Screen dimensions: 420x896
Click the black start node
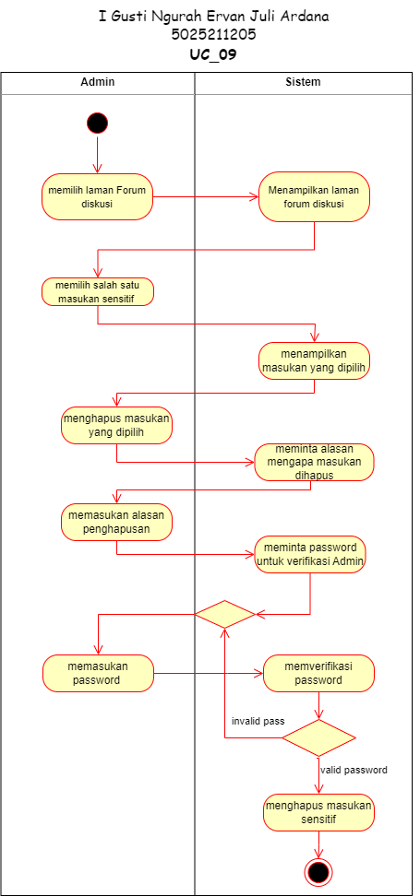97,123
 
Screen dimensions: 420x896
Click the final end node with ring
318,872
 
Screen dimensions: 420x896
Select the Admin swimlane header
97,82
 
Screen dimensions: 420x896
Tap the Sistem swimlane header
304,82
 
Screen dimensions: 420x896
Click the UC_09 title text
213,55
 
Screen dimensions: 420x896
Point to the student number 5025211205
213,35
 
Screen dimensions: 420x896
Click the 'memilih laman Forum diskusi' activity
97,197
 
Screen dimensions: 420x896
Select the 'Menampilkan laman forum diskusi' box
314,197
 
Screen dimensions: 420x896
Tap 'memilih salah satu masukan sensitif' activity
97,292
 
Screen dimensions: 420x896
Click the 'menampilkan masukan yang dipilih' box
314,360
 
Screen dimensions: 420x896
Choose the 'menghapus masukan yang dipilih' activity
116,426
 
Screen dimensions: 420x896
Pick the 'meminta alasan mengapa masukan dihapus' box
314,462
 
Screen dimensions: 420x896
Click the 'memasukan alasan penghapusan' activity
116,523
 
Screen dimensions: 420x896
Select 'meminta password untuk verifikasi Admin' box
311,554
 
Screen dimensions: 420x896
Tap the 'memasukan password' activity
98,673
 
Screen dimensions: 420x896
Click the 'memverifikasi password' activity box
318,673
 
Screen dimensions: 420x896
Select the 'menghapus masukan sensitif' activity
318,812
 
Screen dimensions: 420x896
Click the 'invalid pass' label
258,721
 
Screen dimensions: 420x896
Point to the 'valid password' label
354,770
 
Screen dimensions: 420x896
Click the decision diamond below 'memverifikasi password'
318,737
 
